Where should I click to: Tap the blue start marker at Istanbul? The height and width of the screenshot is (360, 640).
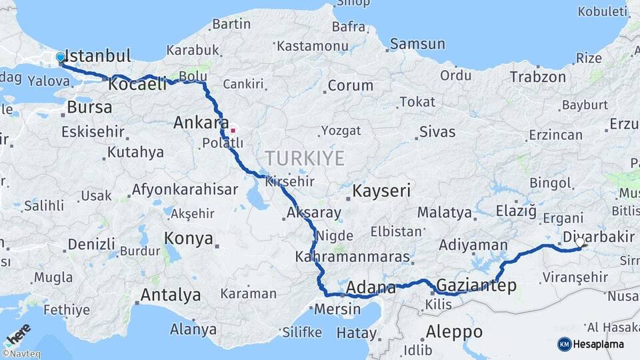point(61,58)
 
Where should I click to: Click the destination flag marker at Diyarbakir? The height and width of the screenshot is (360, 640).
point(581,244)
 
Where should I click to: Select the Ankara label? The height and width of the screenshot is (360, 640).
point(197,123)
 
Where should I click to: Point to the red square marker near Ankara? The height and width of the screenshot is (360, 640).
point(233,130)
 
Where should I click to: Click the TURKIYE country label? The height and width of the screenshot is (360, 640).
point(305,159)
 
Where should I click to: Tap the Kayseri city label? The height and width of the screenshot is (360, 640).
point(381,191)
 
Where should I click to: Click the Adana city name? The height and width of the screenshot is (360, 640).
point(372,288)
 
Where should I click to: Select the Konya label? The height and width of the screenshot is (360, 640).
point(189,239)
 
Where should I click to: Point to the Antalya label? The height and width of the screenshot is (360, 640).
point(171,295)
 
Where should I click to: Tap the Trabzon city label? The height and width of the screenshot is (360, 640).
point(538,77)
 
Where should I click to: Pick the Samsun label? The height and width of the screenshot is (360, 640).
point(417,44)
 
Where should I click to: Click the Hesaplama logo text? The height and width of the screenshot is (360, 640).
point(601,344)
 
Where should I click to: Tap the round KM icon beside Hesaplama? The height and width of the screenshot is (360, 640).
point(565,344)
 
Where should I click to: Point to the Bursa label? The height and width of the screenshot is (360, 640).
point(89,107)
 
